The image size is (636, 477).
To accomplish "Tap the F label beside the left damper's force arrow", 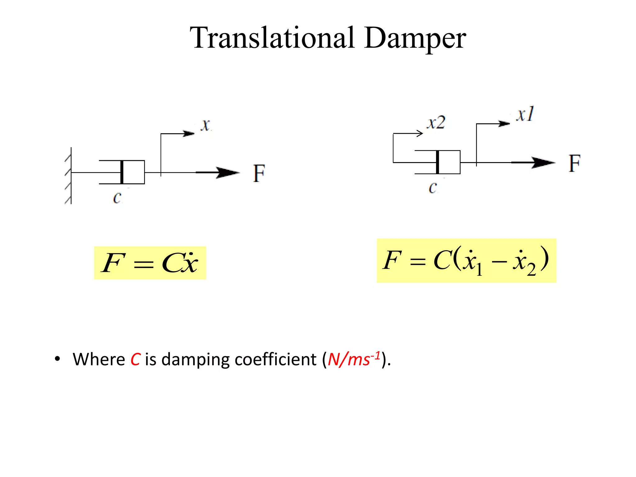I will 259,173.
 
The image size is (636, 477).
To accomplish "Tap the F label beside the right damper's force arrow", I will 575,163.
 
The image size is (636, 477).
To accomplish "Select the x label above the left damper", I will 205,125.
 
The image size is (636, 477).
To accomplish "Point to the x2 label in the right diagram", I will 436,123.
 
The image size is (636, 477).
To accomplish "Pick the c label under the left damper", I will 117,198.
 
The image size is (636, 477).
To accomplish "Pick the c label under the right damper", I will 433,188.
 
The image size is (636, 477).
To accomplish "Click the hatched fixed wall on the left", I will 69,175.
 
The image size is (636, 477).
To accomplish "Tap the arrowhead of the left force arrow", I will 228,172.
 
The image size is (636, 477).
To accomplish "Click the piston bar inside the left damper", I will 122,172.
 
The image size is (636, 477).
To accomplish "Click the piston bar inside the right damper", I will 438,162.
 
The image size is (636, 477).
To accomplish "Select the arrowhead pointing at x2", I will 420,134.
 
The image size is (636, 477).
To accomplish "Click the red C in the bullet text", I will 135,360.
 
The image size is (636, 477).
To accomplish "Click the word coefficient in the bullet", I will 275,360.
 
